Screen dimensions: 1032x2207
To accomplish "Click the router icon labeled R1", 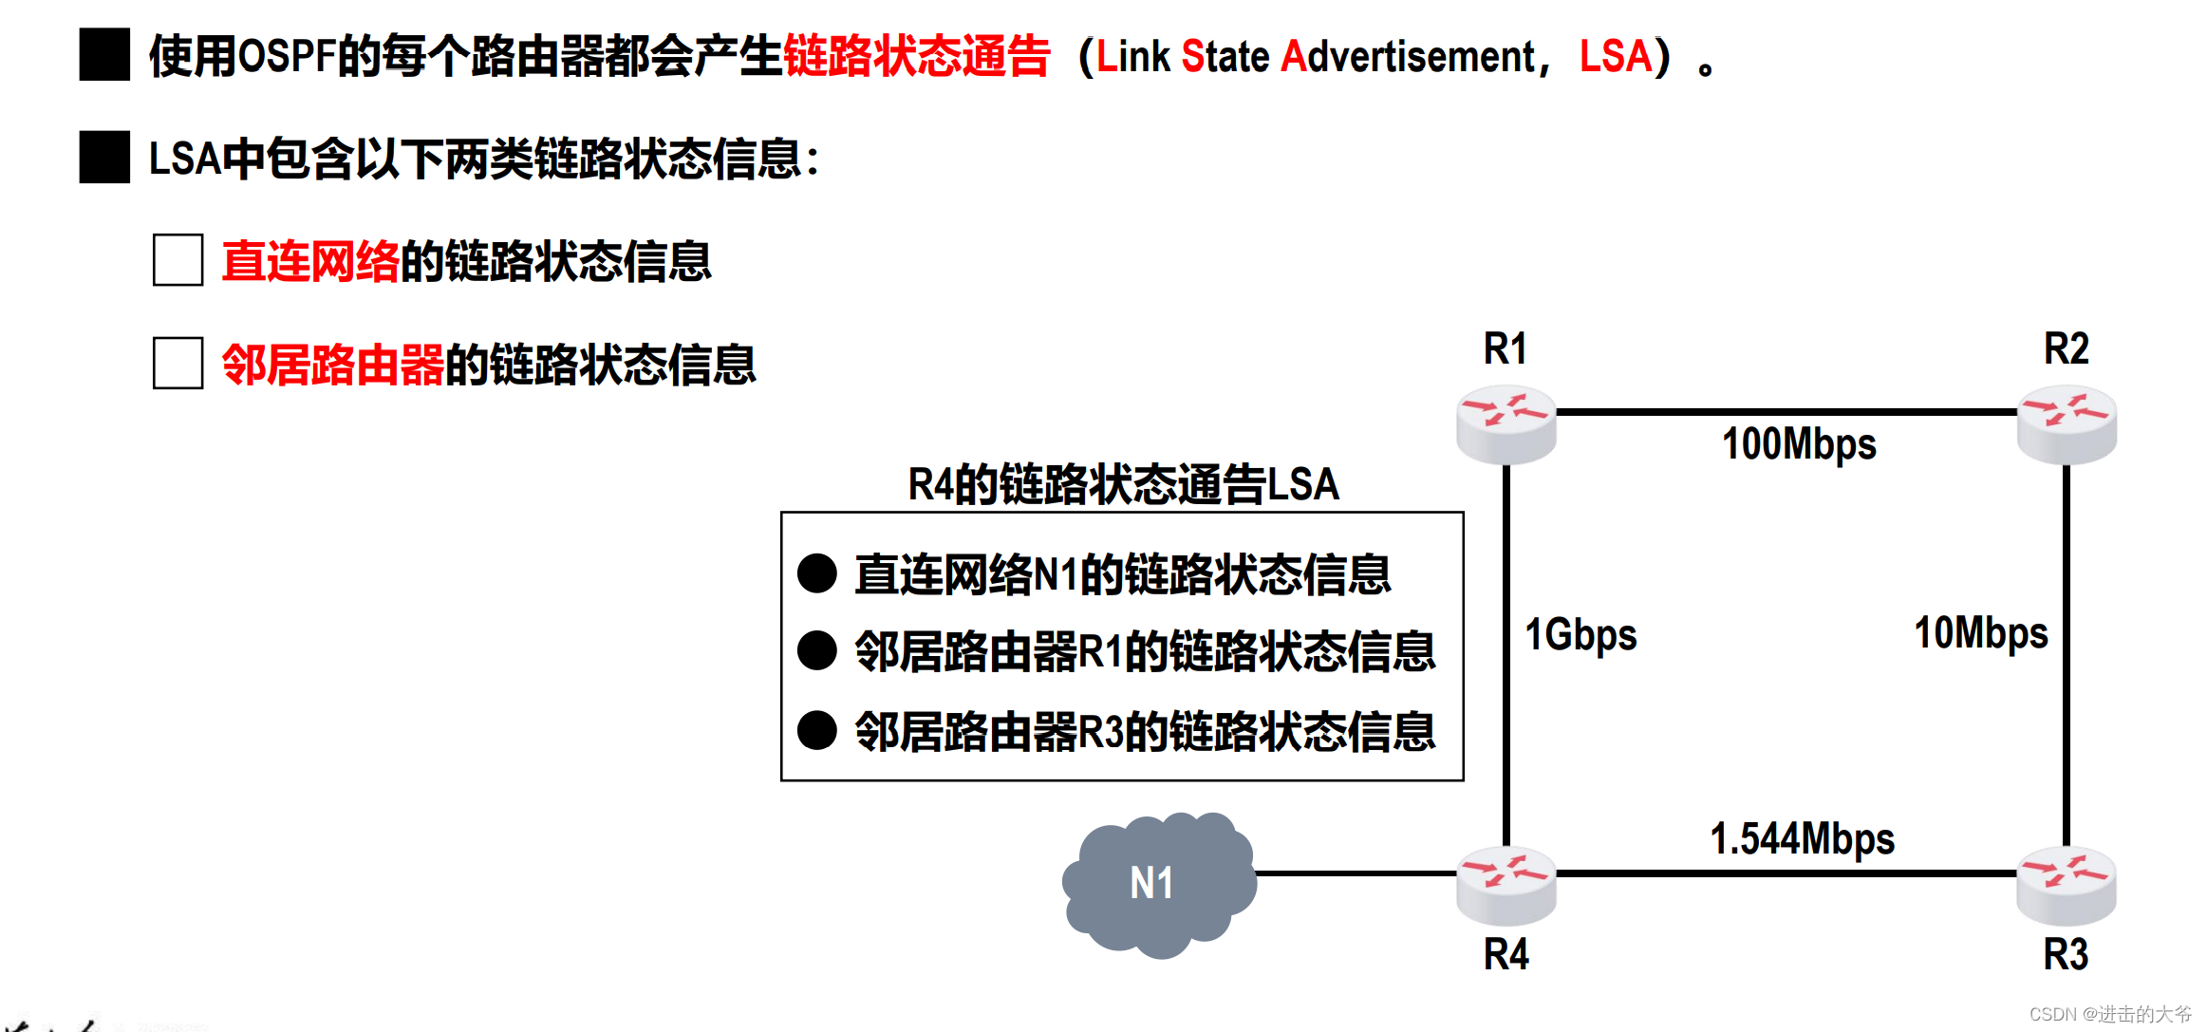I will (1506, 423).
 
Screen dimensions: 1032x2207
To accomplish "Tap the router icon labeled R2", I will (2067, 423).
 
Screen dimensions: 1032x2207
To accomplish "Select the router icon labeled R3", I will (2067, 885).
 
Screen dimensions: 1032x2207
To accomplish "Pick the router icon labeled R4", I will (1506, 885).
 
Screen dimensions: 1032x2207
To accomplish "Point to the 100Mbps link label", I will (1799, 444).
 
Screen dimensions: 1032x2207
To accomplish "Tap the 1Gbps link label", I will (1580, 634).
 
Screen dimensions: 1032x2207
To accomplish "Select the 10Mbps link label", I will (1980, 633).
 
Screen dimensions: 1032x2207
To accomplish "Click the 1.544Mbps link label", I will (1802, 838).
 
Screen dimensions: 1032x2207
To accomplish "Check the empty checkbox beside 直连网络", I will (178, 260).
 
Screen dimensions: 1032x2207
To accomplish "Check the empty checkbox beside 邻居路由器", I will (178, 363).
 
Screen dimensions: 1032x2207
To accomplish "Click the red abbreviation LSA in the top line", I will (1615, 56).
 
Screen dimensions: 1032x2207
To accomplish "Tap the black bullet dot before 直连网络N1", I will (816, 573).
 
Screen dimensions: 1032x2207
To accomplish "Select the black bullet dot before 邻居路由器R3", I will (816, 730).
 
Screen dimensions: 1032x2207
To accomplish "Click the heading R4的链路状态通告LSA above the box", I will (1123, 484).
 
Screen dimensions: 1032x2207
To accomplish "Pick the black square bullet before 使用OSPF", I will (104, 55).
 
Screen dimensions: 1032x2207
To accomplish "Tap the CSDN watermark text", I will (2109, 1014).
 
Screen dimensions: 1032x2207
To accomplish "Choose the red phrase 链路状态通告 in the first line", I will (916, 56).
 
